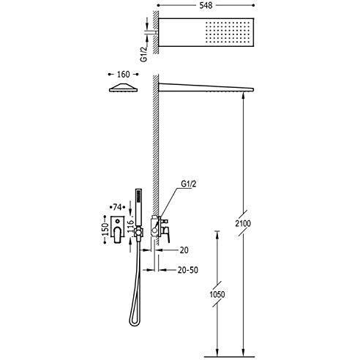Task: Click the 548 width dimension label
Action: pos(206,6)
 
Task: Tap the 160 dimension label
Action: pos(124,74)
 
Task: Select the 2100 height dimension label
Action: pos(243,223)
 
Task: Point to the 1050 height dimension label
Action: pos(217,294)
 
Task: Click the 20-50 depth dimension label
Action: pos(188,270)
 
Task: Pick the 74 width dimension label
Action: pos(117,207)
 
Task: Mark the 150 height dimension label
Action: pos(105,229)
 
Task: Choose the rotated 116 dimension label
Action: pos(131,225)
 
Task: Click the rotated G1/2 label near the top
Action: pos(144,54)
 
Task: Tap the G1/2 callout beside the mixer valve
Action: pos(189,184)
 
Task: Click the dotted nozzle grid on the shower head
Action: pos(228,32)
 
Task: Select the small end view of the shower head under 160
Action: pos(124,88)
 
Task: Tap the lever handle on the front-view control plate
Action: pos(118,235)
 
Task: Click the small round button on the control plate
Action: pos(118,222)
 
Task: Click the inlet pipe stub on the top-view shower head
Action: pos(154,32)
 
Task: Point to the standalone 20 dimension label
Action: pos(184,250)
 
